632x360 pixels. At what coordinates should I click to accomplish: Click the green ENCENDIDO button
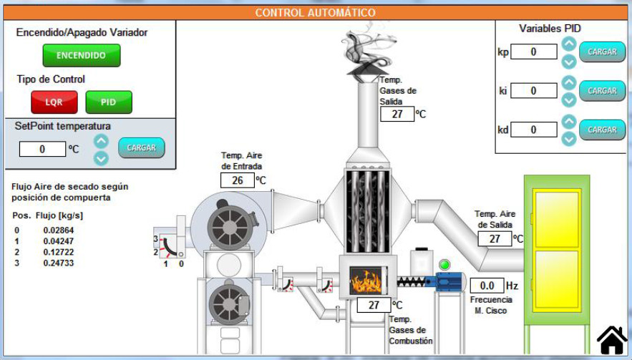pyautogui.click(x=81, y=55)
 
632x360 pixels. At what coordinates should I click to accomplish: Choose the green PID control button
pyautogui.click(x=109, y=102)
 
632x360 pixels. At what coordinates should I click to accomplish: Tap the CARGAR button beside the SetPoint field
pyautogui.click(x=141, y=147)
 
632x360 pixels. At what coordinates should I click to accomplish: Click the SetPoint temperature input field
pyautogui.click(x=42, y=149)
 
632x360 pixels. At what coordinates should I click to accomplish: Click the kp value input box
pyautogui.click(x=533, y=52)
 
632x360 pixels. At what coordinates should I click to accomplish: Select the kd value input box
pyautogui.click(x=533, y=130)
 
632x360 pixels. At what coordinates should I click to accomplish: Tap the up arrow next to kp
pyautogui.click(x=569, y=44)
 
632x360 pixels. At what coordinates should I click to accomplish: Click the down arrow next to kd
pyautogui.click(x=569, y=139)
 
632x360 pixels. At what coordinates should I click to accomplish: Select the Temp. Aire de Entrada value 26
pyautogui.click(x=238, y=180)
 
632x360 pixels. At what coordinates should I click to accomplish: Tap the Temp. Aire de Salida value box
pyautogui.click(x=495, y=239)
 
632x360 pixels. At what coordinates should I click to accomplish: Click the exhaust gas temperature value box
pyautogui.click(x=397, y=114)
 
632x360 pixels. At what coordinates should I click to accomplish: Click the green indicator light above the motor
pyautogui.click(x=444, y=266)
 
